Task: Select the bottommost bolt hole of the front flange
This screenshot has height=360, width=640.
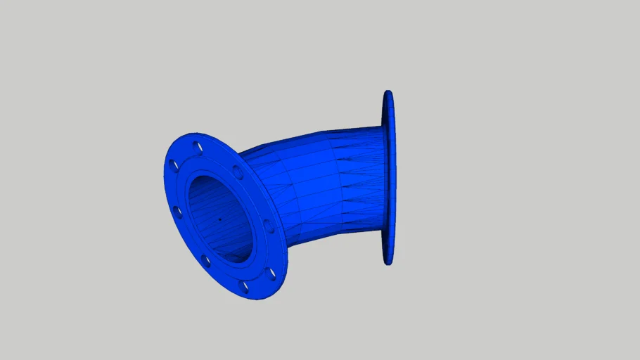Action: (245, 287)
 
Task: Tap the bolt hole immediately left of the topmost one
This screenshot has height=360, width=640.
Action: (174, 166)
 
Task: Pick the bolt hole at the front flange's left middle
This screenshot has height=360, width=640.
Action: (177, 212)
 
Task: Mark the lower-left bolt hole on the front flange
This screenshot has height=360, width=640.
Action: (206, 261)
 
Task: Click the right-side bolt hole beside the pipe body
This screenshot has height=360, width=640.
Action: (268, 225)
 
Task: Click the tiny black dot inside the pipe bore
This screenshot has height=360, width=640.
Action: (219, 219)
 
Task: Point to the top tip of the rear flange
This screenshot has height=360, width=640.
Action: (388, 91)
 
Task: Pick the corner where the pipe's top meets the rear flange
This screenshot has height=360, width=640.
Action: (382, 127)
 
